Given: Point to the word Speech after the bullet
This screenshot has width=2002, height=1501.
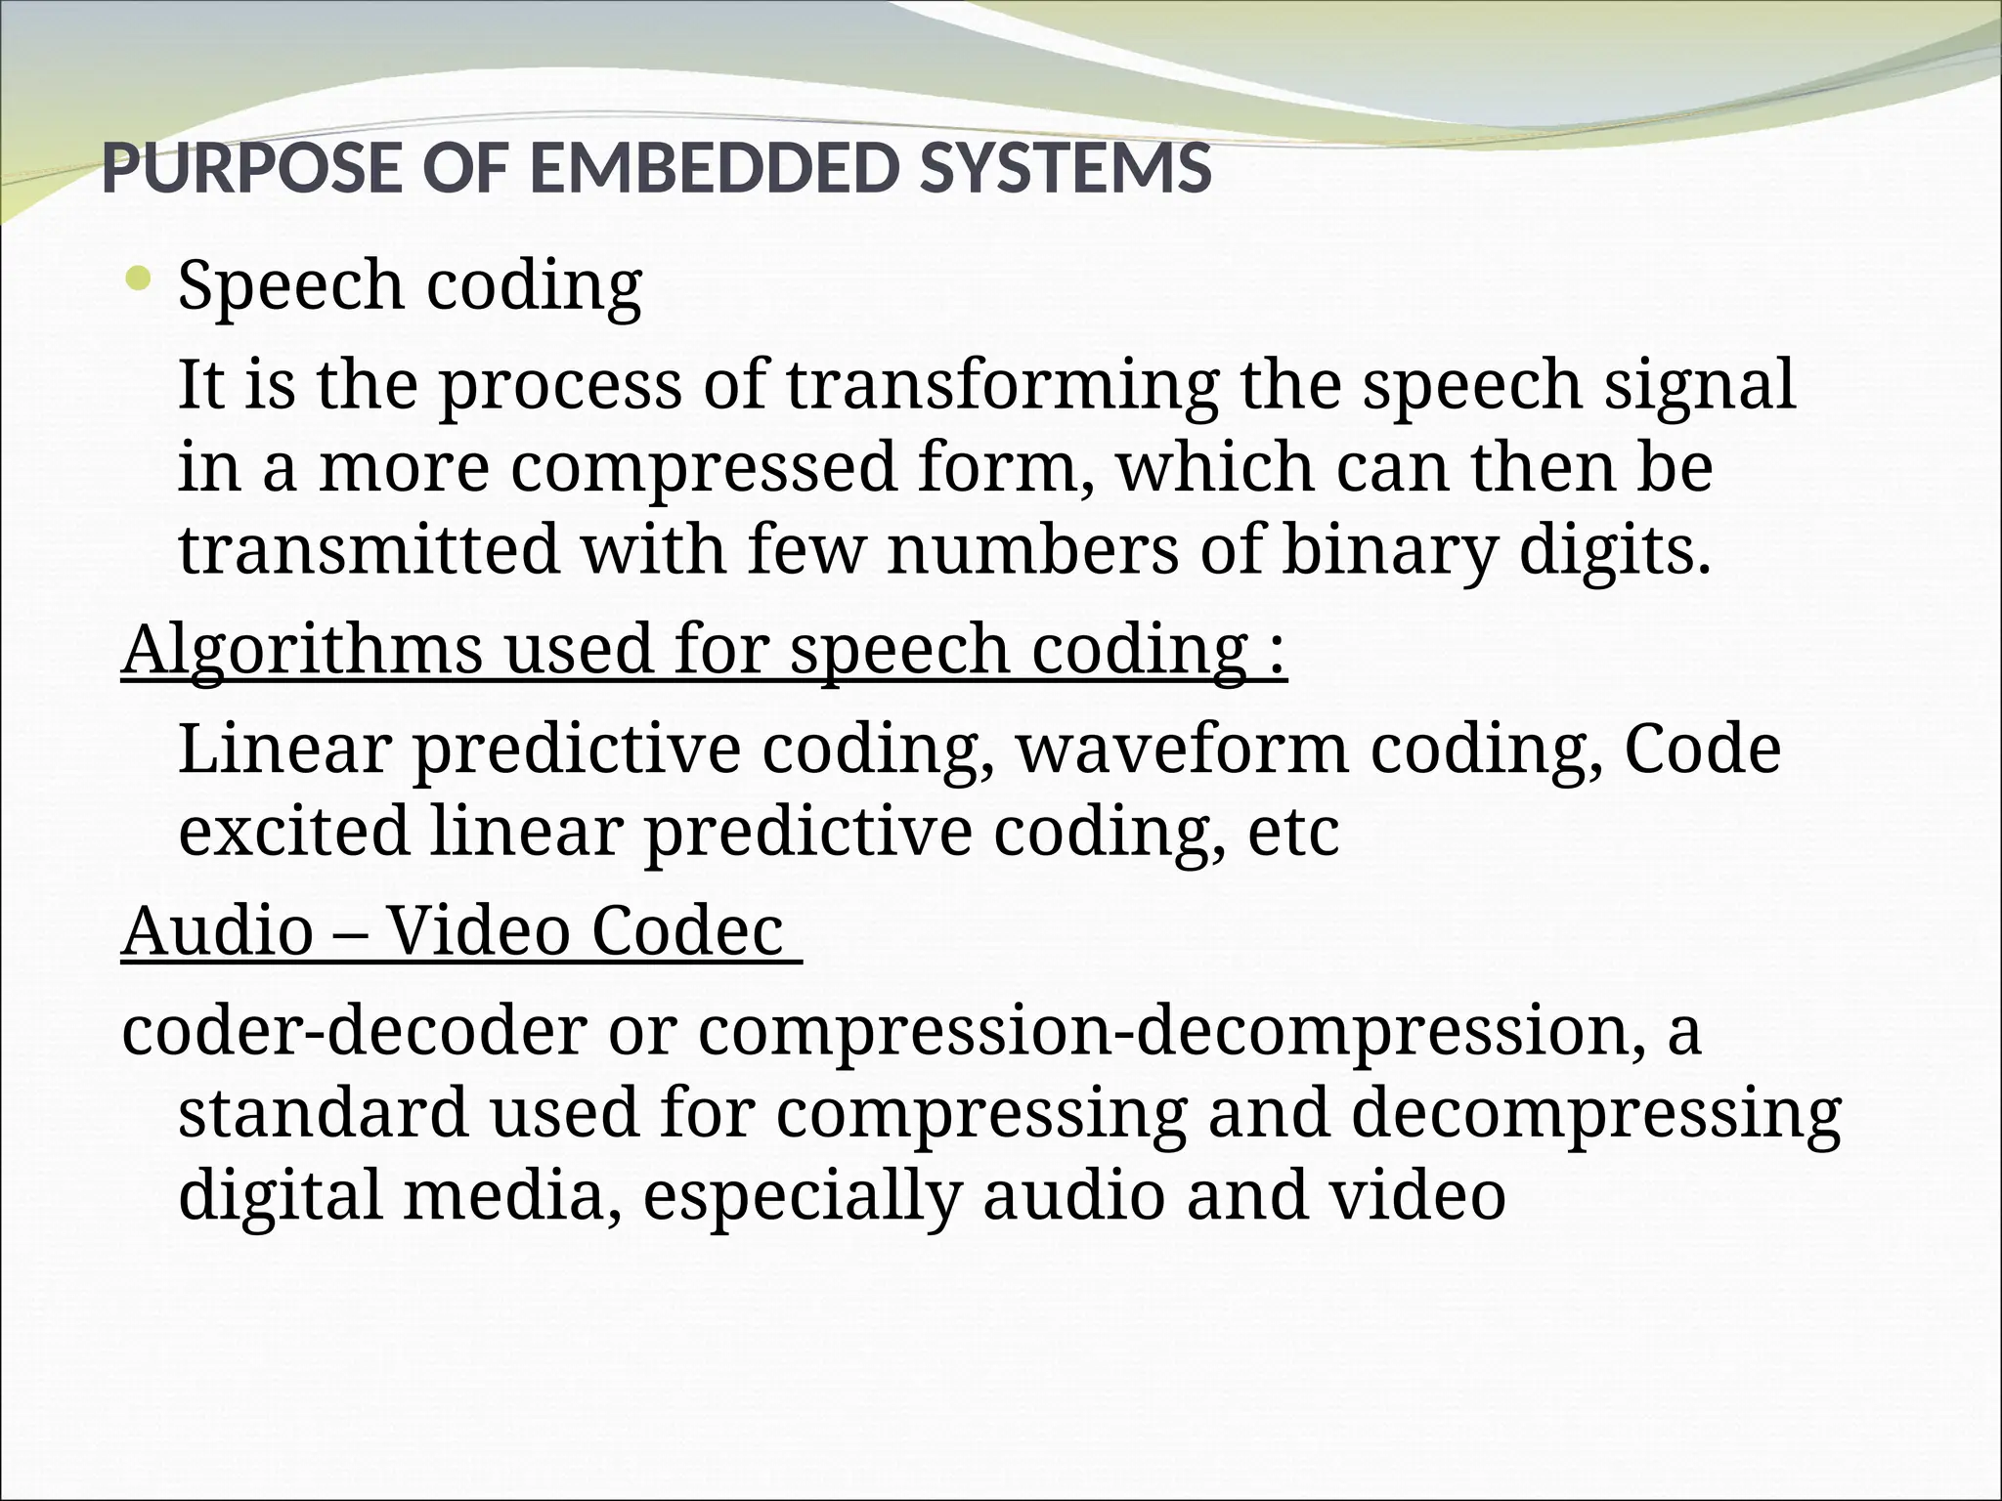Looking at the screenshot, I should [290, 286].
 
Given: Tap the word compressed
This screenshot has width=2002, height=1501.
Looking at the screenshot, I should [703, 467].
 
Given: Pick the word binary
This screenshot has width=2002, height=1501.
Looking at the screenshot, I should [1388, 549].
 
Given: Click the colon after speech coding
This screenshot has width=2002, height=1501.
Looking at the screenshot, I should [1277, 653].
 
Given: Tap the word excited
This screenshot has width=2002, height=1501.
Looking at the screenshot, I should [293, 832].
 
